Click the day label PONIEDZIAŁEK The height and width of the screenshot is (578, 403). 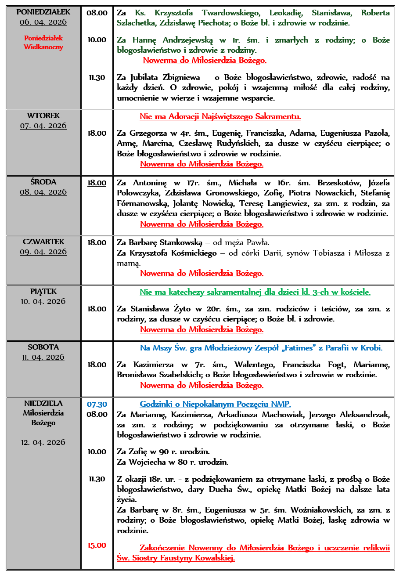click(x=43, y=12)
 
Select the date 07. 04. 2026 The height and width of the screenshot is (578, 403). click(x=43, y=126)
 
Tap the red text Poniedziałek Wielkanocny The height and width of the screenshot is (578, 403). click(x=43, y=43)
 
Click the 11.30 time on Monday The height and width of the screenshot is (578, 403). click(x=97, y=78)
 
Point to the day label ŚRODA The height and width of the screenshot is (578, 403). click(x=43, y=182)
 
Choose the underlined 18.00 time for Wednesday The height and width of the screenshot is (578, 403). click(x=97, y=183)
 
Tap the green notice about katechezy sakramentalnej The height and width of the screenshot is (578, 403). click(x=255, y=292)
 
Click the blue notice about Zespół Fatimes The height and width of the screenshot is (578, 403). click(x=261, y=348)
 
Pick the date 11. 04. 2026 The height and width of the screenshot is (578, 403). click(x=43, y=358)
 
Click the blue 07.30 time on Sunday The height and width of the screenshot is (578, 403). click(x=97, y=404)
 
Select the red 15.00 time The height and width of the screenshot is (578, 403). click(x=97, y=545)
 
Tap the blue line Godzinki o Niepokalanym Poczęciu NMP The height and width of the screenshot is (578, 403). click(x=215, y=404)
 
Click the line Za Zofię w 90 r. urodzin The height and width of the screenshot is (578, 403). click(x=163, y=452)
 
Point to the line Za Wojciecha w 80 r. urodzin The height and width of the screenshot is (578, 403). click(x=173, y=462)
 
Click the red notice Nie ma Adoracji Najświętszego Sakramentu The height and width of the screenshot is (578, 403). click(x=220, y=117)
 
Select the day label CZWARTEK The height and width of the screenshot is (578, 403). click(x=43, y=242)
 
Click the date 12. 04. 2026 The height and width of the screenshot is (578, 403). click(x=43, y=442)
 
